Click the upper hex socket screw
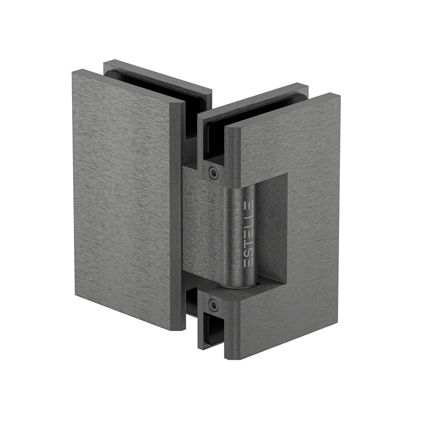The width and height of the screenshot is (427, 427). click(214, 173)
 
